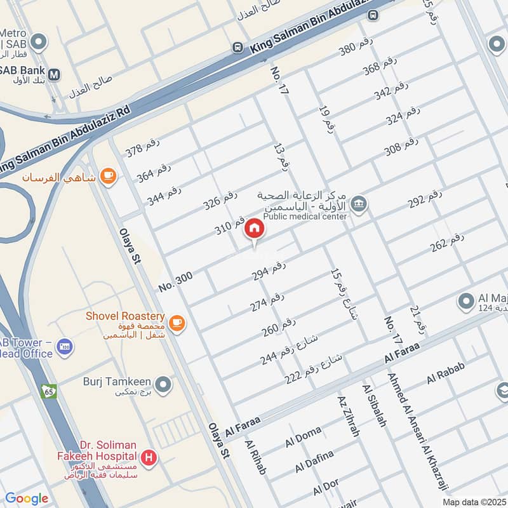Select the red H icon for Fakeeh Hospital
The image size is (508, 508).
[x=149, y=457]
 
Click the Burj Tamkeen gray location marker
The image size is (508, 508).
[x=164, y=385]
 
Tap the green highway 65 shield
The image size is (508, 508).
[x=49, y=392]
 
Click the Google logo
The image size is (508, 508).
[x=27, y=498]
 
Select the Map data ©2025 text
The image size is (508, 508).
[x=474, y=502]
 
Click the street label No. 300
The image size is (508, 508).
[x=175, y=280]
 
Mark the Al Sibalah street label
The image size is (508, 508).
[x=374, y=404]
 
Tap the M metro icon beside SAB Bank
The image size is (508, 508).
[x=55, y=74]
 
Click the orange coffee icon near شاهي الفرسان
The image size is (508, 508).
[x=109, y=175]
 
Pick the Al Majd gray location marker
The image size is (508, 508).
[x=467, y=300]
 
